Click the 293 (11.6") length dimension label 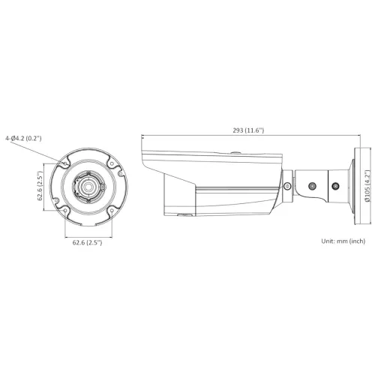248,130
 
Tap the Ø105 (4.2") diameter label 367,186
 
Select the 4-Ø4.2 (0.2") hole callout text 23,138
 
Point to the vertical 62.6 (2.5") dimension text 40,186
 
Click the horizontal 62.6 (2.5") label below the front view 87,242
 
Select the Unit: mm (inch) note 343,241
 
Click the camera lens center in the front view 88,187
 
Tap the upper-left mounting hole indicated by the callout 65,163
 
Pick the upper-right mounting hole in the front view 112,164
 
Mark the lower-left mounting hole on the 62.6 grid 65,211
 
